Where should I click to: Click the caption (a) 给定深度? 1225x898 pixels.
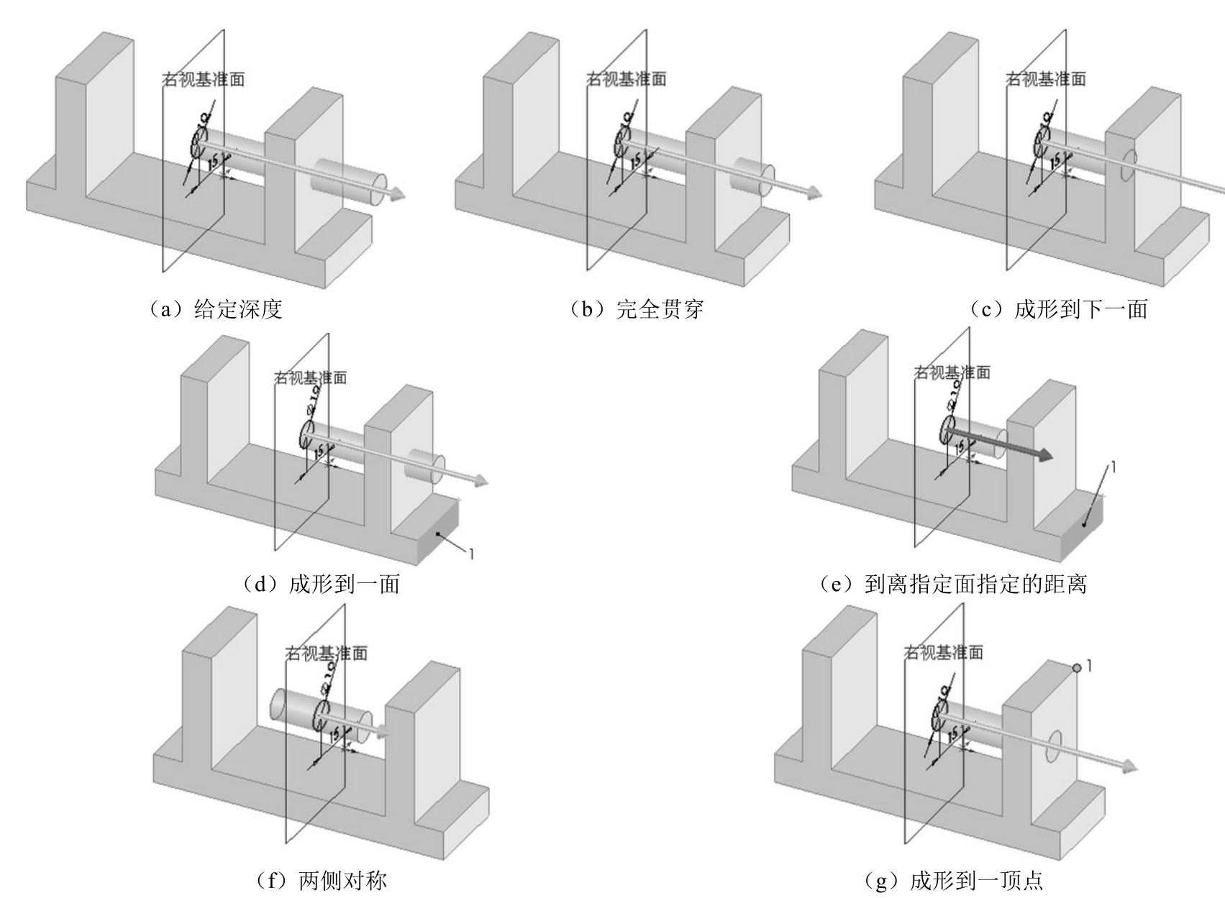pos(214,309)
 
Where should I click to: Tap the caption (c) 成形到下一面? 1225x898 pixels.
pos(1058,309)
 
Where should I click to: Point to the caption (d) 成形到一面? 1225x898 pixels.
pos(321,584)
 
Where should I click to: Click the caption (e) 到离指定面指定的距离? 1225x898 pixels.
pos(954,584)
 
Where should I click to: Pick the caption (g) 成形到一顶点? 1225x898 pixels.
pos(954,880)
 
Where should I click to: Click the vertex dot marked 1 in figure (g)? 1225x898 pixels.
pos(1077,668)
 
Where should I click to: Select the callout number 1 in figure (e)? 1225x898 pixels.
pos(1114,467)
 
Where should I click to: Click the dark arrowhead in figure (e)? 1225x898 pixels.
pos(1043,455)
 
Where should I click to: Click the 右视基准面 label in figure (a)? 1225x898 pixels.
pos(204,79)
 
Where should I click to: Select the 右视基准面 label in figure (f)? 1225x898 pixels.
pos(327,653)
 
